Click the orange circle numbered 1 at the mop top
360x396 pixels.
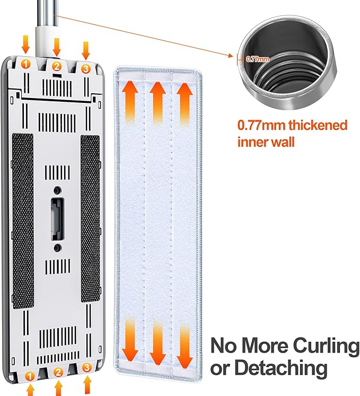click(25, 64)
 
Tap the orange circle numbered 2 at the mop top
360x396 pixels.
click(57, 66)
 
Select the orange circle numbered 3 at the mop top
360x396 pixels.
click(86, 68)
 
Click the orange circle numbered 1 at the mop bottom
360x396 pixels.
click(30, 376)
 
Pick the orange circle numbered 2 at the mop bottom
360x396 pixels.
click(58, 372)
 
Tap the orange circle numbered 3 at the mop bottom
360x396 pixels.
click(86, 367)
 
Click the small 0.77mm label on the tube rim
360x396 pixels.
click(258, 59)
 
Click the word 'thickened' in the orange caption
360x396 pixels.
click(318, 125)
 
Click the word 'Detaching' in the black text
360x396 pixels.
click(281, 367)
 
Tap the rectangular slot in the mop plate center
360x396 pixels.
click(57, 219)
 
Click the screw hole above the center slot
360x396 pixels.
click(58, 190)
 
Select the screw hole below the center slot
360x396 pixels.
click(58, 248)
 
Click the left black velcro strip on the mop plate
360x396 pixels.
click(23, 221)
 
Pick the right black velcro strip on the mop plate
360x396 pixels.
click(90, 218)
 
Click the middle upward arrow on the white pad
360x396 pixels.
click(157, 102)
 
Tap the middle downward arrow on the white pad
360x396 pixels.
click(157, 344)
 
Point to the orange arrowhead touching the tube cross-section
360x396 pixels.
click(231, 56)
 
